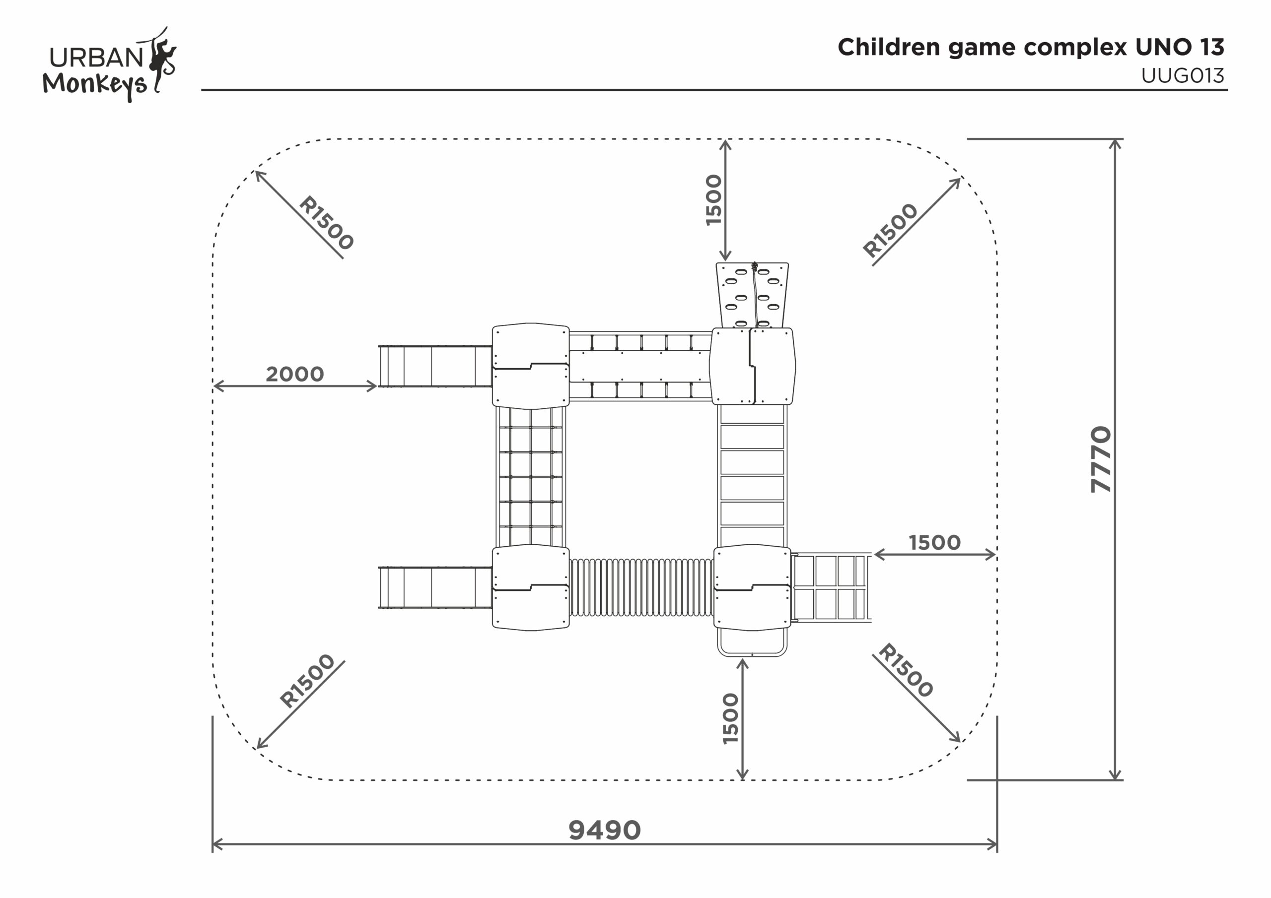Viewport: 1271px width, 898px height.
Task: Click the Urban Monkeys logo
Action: coord(109,64)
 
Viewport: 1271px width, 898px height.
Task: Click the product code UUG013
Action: coord(1183,76)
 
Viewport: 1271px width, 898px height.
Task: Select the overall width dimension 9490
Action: coord(605,830)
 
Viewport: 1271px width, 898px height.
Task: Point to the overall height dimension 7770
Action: coord(1101,459)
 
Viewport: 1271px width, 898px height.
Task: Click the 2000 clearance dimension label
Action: coord(294,374)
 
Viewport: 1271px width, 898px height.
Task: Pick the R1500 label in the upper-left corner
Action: coord(326,223)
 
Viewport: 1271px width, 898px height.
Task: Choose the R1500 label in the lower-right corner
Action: coord(906,670)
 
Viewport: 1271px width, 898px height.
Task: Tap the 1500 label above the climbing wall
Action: coord(714,200)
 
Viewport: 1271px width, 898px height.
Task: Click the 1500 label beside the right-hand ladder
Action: coord(934,542)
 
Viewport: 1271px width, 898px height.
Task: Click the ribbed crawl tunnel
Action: coord(641,587)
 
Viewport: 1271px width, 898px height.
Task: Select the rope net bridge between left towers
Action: coord(531,477)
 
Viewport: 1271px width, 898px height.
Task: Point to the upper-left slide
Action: coord(435,366)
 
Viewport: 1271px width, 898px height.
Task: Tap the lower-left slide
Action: coord(435,587)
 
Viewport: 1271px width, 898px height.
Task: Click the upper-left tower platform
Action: coord(531,366)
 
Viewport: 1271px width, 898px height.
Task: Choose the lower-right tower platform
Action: coord(752,587)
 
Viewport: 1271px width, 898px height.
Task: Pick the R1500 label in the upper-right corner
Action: coord(891,230)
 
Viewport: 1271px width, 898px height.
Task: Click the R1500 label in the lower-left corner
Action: coord(307,681)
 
